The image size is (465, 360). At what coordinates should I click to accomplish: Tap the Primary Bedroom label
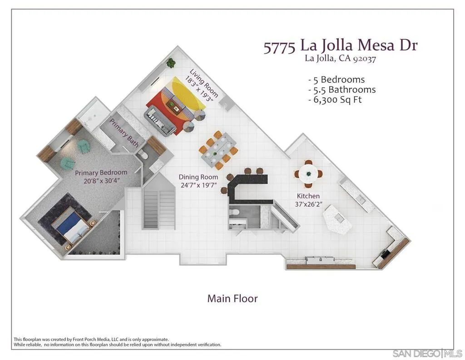101,173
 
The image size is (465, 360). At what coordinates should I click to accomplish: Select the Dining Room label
198,177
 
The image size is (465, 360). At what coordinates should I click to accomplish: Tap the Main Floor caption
232,299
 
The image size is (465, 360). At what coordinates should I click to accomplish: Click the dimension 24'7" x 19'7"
198,185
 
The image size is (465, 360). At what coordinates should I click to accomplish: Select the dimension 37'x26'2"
309,204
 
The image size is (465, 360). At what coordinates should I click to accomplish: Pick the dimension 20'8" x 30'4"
101,181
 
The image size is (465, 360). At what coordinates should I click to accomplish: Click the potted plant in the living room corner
171,63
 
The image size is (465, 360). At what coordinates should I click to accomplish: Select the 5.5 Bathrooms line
341,90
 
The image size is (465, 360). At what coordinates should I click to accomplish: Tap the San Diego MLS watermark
427,353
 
